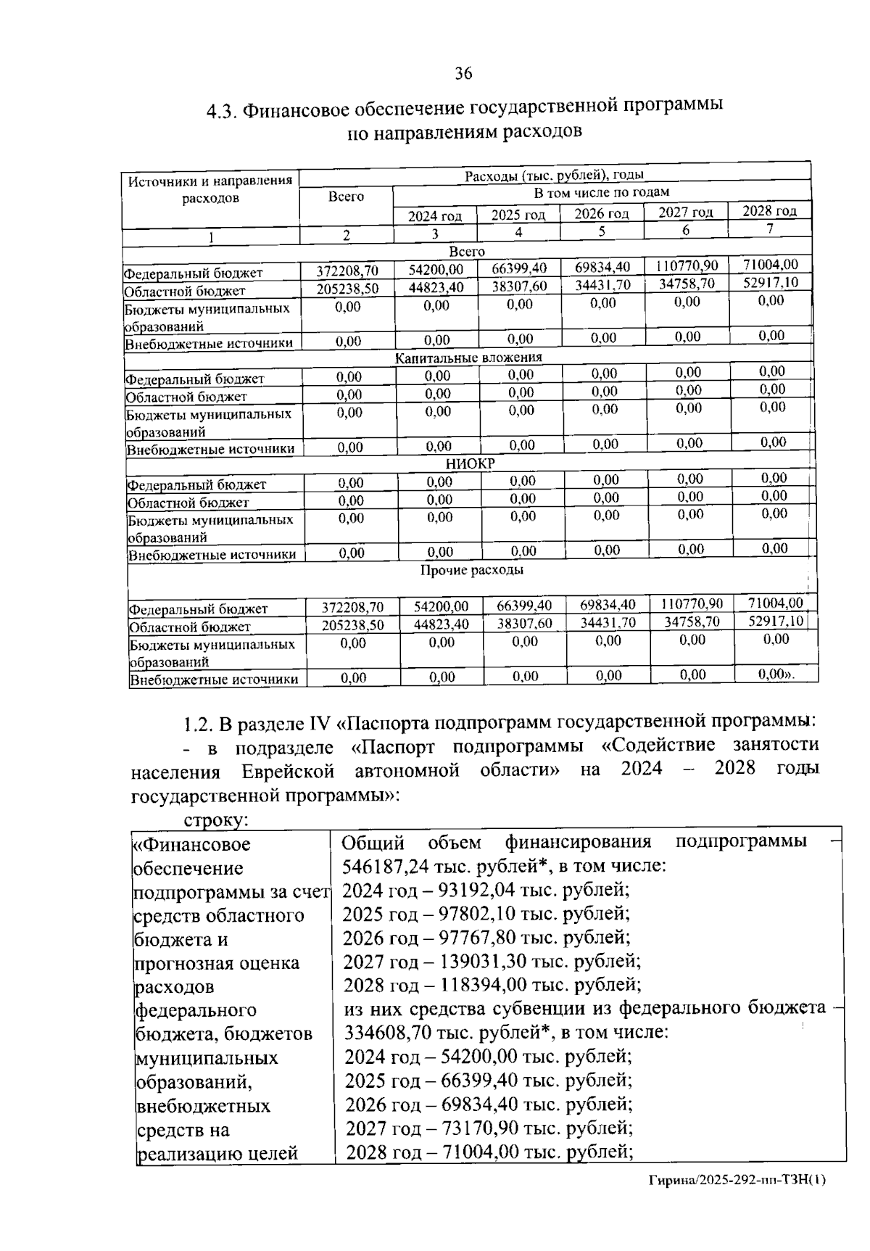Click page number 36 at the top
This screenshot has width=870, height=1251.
click(x=463, y=73)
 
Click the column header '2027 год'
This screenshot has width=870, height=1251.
click(x=685, y=212)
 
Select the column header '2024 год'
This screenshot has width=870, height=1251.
click(x=434, y=216)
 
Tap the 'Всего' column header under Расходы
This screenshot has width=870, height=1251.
click(x=346, y=197)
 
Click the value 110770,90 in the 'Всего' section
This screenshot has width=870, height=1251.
click(x=687, y=266)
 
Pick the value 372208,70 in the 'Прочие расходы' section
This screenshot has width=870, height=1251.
click(x=352, y=607)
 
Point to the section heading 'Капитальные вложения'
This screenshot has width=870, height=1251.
click(x=468, y=358)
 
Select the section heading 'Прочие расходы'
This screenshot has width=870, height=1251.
click(x=472, y=570)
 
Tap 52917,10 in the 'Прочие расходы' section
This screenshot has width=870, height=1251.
click(x=776, y=622)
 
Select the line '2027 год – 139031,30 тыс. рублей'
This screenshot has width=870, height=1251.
click(x=492, y=962)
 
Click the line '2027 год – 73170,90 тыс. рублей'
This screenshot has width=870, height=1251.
click(x=489, y=1128)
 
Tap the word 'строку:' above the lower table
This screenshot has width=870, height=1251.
click(x=217, y=820)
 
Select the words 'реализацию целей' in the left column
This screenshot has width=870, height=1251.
click(x=217, y=1153)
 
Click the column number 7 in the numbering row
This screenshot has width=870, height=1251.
click(x=770, y=228)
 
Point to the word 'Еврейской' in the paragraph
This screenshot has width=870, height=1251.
click(x=288, y=770)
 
